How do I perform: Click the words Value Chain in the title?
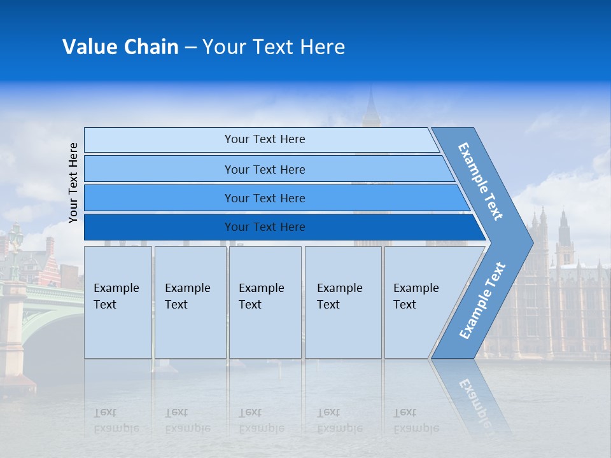[120, 47]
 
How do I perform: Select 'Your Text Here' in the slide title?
[274, 47]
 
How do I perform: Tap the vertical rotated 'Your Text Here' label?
[73, 183]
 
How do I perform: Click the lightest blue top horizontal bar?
[265, 139]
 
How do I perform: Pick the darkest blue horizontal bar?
[265, 227]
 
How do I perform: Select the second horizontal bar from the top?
[265, 169]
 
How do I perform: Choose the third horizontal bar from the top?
[265, 198]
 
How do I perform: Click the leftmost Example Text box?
[118, 302]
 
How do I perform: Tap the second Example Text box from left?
[190, 302]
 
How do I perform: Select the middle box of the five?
[265, 302]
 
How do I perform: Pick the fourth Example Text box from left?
[342, 302]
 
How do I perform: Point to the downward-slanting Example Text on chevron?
[481, 181]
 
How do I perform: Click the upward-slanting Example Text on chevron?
[482, 300]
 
